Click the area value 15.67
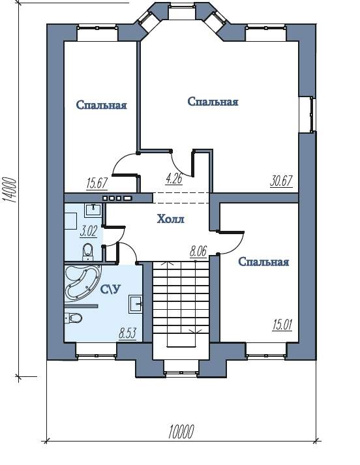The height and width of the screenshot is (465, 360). (x=97, y=183)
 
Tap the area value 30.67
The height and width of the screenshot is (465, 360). (x=282, y=181)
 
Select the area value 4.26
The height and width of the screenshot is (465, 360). (x=173, y=179)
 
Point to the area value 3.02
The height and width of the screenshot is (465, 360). (x=88, y=231)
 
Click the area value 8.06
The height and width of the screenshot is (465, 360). (x=198, y=252)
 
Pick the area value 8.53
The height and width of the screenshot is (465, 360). (x=128, y=334)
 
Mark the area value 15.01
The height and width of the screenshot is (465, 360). (x=282, y=324)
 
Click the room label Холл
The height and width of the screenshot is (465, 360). (x=170, y=219)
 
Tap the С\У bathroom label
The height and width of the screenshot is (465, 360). (x=111, y=289)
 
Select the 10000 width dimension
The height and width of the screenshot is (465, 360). (x=181, y=432)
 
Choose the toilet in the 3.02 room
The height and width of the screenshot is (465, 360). (x=87, y=252)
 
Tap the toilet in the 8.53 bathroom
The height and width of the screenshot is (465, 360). (x=73, y=318)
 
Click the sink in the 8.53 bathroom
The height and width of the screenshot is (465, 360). (x=136, y=304)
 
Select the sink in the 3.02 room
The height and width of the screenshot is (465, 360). (x=93, y=210)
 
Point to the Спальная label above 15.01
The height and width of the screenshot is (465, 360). (x=263, y=262)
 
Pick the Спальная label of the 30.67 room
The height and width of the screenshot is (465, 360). (x=213, y=102)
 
